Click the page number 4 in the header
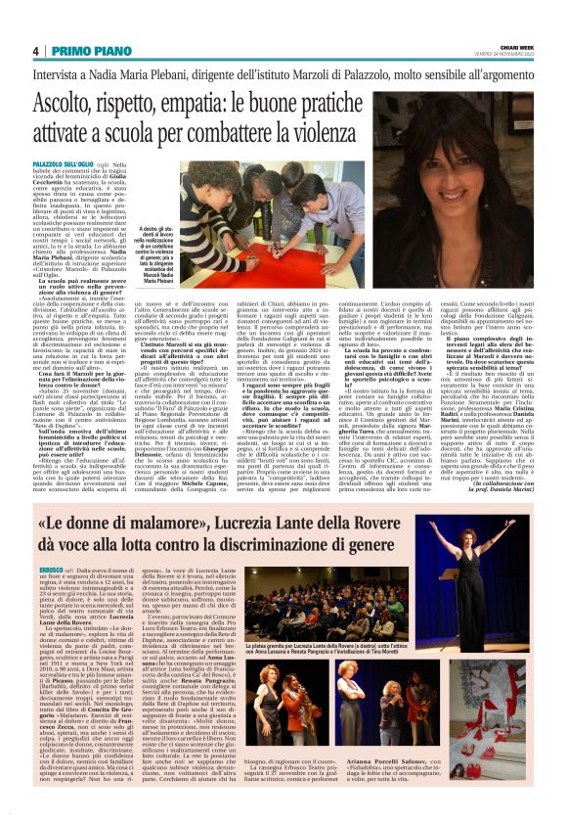[x=35, y=51]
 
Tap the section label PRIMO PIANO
[x=84, y=51]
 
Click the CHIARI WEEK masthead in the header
[x=515, y=48]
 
